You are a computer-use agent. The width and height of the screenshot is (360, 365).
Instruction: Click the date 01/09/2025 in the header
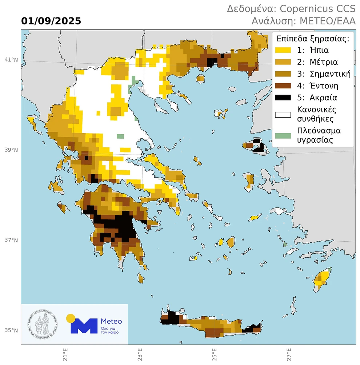pos(51,21)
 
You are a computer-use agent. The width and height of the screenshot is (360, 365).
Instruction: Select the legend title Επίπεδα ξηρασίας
pos(313,38)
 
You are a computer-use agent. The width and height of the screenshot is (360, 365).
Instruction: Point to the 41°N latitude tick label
pos(11,60)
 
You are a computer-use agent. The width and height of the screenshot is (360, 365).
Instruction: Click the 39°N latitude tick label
pos(11,150)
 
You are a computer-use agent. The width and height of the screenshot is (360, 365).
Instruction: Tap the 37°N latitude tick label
pos(11,240)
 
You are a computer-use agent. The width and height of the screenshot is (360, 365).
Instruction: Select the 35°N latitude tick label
pos(11,330)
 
